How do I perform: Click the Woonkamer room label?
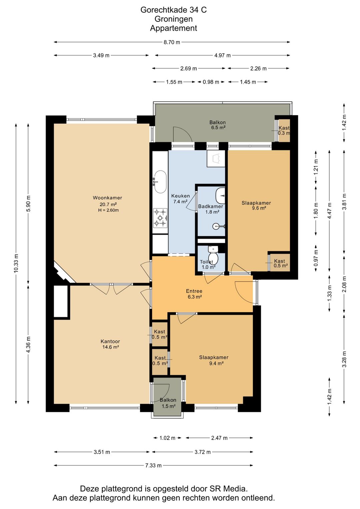coord(107,198)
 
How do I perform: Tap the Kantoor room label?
coord(110,341)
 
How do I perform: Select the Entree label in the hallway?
coord(194,291)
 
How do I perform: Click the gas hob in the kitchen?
coord(160,218)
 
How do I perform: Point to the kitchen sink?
coord(160,182)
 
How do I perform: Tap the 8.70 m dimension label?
coord(172,42)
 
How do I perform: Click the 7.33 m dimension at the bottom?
coord(153,465)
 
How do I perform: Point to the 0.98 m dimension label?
coord(211,82)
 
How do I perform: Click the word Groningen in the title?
coord(174,19)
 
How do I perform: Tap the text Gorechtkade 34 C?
coord(174,10)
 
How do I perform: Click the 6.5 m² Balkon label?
coord(218,125)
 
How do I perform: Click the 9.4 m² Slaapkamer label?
coord(214,360)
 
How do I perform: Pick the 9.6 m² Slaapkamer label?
coord(256,205)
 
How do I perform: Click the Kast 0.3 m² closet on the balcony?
coord(284,130)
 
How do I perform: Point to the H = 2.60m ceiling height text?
coord(108,210)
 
